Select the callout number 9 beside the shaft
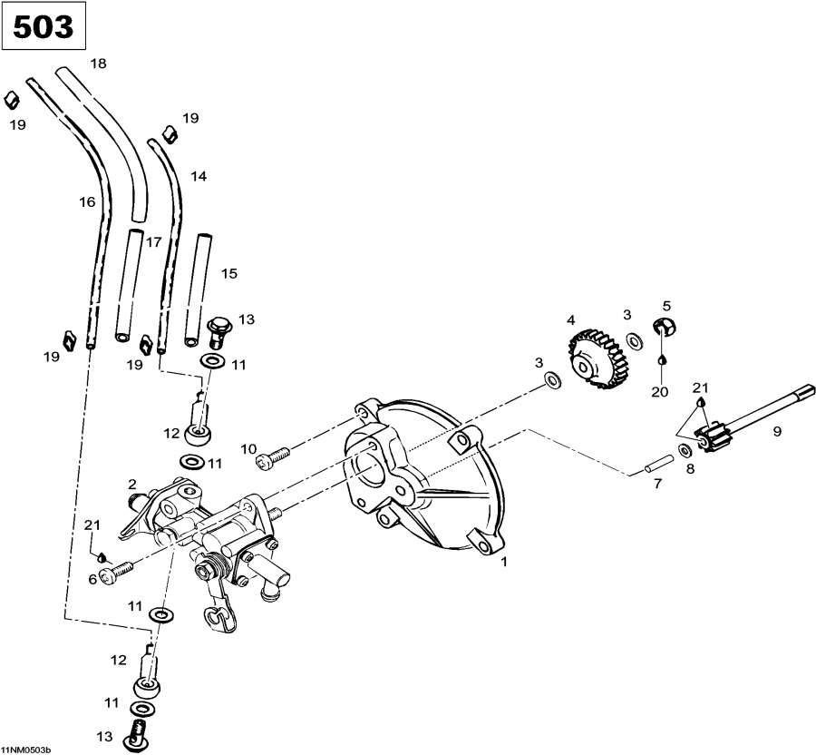pyautogui.click(x=776, y=432)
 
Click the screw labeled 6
pyautogui.click(x=118, y=571)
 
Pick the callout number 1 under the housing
pyautogui.click(x=504, y=562)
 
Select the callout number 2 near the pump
pyautogui.click(x=132, y=484)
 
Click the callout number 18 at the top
pyautogui.click(x=98, y=63)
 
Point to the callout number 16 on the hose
pyautogui.click(x=87, y=202)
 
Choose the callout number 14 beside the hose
pyautogui.click(x=199, y=176)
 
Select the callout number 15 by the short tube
pyautogui.click(x=228, y=272)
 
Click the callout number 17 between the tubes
pyautogui.click(x=154, y=241)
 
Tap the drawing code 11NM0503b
pyautogui.click(x=27, y=750)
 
